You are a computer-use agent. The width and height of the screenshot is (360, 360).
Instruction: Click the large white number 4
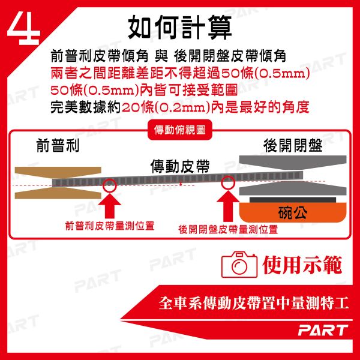24,28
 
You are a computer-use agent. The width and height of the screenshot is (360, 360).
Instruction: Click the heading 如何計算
179,28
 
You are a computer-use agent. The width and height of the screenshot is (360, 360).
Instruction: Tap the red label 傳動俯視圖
180,130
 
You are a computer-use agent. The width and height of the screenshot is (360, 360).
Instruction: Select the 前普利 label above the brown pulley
58,145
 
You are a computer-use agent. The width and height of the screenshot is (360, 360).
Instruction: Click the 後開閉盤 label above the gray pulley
293,145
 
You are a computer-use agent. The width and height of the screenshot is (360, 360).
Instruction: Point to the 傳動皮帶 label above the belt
180,166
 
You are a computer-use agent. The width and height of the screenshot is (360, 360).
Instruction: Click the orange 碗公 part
293,212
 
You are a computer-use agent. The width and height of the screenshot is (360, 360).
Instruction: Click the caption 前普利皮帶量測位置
110,226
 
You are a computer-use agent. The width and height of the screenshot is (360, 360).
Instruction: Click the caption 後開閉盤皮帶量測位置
228,229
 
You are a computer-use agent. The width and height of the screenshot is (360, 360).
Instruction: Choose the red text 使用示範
302,265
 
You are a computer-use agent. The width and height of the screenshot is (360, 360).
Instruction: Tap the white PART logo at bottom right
323,330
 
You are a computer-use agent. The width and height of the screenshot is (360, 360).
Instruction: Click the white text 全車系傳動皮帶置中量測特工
254,303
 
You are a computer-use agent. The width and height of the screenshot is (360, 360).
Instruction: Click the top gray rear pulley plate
293,161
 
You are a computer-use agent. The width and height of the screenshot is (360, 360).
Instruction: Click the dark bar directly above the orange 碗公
293,200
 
